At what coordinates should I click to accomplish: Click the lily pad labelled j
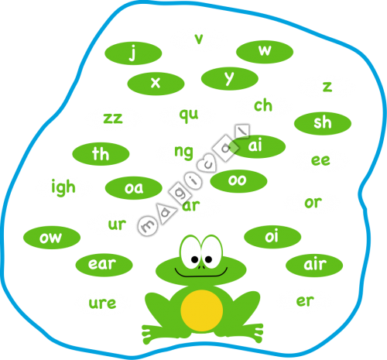pos(133,53)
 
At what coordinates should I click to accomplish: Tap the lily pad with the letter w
pos(265,52)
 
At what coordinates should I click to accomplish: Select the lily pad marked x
pos(156,84)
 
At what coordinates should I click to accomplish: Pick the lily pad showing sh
pos(323,123)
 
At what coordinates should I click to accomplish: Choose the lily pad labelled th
pos(101,154)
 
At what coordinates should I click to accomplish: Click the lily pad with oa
pos(134,188)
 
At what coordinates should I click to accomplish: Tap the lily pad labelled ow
pos(52,238)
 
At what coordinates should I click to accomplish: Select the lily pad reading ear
pos(104,265)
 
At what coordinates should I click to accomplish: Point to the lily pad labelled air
pos(314,266)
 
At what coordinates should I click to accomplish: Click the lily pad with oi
pos(272,237)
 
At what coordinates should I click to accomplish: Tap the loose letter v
pos(199,39)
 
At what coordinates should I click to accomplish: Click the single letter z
pos(327,87)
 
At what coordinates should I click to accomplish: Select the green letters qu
pos(189,115)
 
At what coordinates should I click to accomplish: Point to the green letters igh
pos(63,187)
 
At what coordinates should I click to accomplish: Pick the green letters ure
pos(102,303)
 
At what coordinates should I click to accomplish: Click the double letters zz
pos(113,118)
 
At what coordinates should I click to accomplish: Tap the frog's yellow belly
pos(201,310)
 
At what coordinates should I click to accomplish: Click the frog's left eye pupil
pos(195,259)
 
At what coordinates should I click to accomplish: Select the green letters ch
pos(263,105)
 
